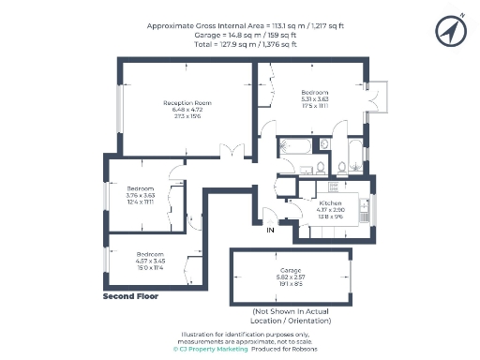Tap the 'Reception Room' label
[187, 102]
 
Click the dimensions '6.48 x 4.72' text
[187, 110]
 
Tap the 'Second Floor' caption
[130, 296]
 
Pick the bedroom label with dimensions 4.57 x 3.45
[149, 254]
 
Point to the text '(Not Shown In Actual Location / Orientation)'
[292, 316]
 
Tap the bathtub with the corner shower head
[298, 146]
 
